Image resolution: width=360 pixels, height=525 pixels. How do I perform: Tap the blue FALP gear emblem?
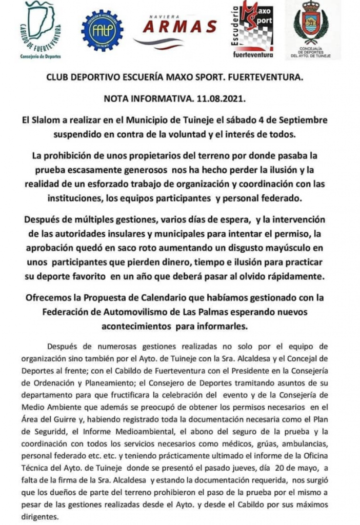(x=101, y=30)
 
